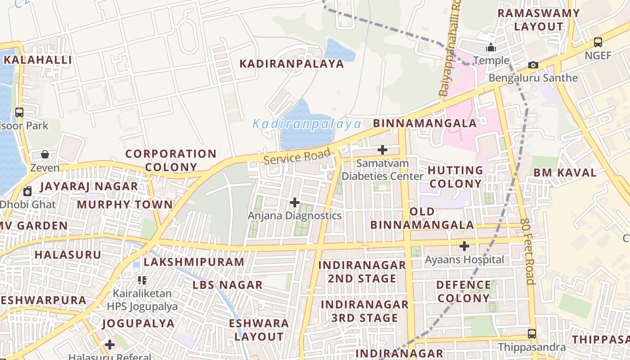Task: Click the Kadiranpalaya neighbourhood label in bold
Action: [x=291, y=64]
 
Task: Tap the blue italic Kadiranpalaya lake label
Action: [x=307, y=124]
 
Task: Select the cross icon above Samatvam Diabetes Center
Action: [x=382, y=150]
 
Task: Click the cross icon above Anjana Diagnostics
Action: [x=295, y=202]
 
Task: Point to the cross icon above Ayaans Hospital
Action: [x=464, y=246]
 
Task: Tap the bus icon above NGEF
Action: [x=598, y=42]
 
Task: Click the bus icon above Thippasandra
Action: [x=532, y=334]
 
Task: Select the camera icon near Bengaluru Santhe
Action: [x=533, y=65]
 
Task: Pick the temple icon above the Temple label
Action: [x=491, y=47]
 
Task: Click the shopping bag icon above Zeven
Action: [x=45, y=154]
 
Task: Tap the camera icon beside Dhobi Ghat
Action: [x=27, y=191]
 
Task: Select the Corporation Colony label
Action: [x=171, y=160]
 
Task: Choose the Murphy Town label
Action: [x=125, y=205]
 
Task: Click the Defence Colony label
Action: [x=463, y=292]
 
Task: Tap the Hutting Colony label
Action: [x=455, y=177]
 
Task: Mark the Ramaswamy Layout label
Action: [x=538, y=20]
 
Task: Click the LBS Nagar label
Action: [x=227, y=285]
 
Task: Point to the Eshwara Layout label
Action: [x=259, y=330]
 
